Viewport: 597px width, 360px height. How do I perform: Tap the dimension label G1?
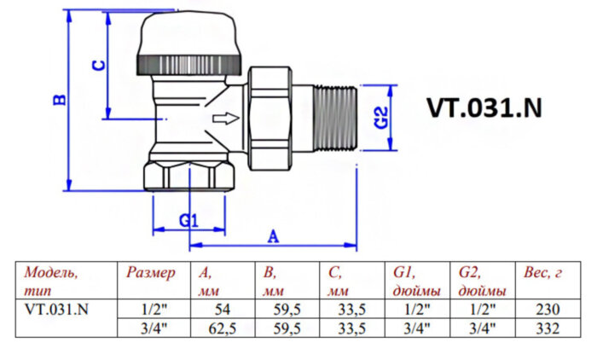pos(188,220)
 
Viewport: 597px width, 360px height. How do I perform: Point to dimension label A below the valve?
pos(274,235)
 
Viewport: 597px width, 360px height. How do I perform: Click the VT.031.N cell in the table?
pos(56,310)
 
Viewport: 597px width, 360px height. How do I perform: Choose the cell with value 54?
pos(222,310)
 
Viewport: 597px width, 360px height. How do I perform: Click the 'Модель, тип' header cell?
pos(51,281)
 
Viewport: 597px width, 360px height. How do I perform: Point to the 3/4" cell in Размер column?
pos(152,327)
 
